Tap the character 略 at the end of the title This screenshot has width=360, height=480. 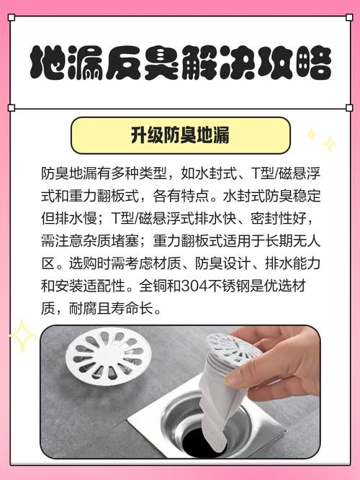point(314,63)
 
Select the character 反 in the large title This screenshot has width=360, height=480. point(123,63)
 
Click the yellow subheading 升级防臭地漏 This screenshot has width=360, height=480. point(180,135)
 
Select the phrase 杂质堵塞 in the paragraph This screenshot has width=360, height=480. point(111,241)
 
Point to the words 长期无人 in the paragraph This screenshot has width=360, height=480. point(292,241)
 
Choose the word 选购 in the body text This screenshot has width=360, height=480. point(83,263)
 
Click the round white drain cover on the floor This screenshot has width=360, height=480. point(109,357)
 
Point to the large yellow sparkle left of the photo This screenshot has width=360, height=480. point(22,335)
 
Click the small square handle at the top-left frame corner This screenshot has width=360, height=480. point(12,17)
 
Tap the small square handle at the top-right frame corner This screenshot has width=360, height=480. point(349,17)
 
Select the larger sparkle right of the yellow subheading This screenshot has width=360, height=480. point(330,144)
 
